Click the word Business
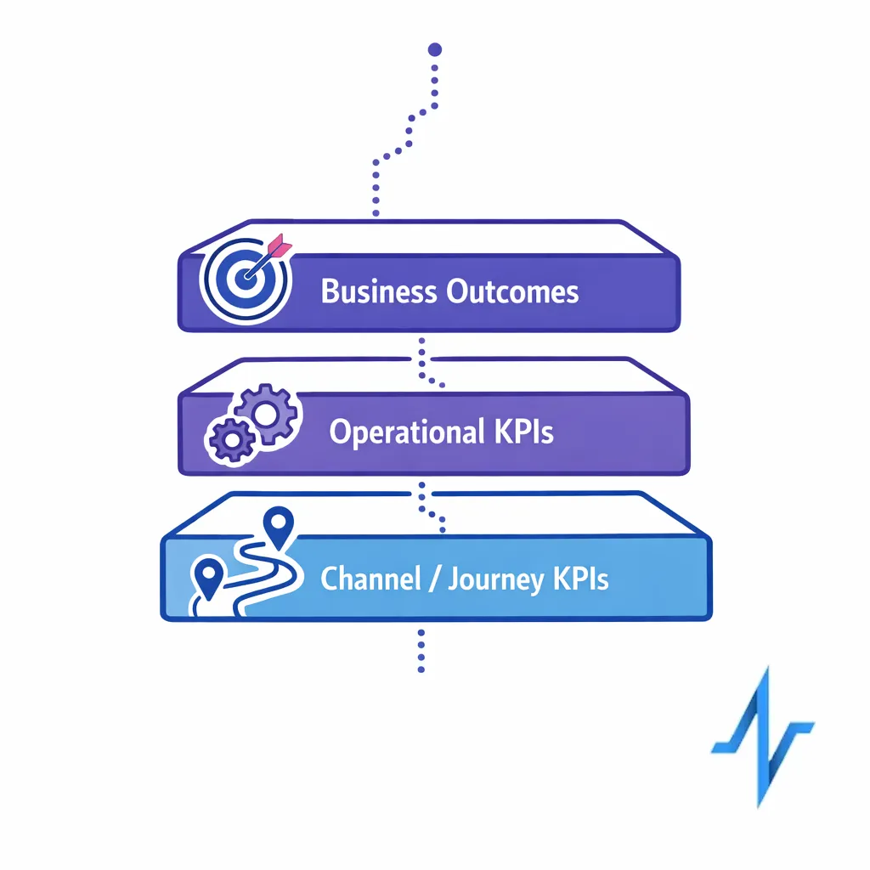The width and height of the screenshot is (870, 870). click(379, 292)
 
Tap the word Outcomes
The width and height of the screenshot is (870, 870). click(512, 292)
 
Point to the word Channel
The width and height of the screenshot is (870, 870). click(370, 580)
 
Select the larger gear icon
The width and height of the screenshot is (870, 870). click(266, 414)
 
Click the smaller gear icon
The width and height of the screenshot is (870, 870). click(227, 439)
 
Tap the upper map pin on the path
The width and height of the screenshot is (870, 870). click(275, 524)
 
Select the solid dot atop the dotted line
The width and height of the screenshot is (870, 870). click(435, 50)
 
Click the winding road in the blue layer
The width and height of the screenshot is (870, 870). click(263, 578)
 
